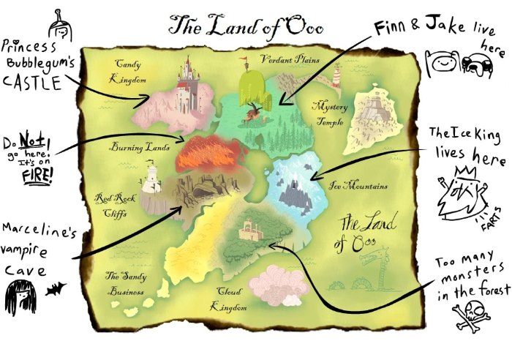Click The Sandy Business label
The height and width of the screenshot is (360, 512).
[127, 284]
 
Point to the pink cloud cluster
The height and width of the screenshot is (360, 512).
[277, 285]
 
